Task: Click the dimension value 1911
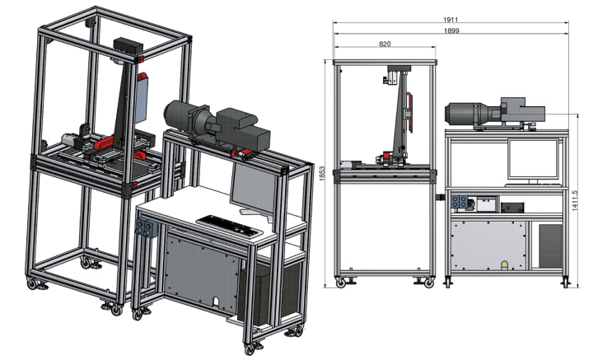451,20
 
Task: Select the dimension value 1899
451,30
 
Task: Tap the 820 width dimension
385,44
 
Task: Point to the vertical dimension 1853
322,174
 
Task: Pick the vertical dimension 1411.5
575,200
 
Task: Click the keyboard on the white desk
229,227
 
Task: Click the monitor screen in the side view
533,158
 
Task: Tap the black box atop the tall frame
128,45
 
